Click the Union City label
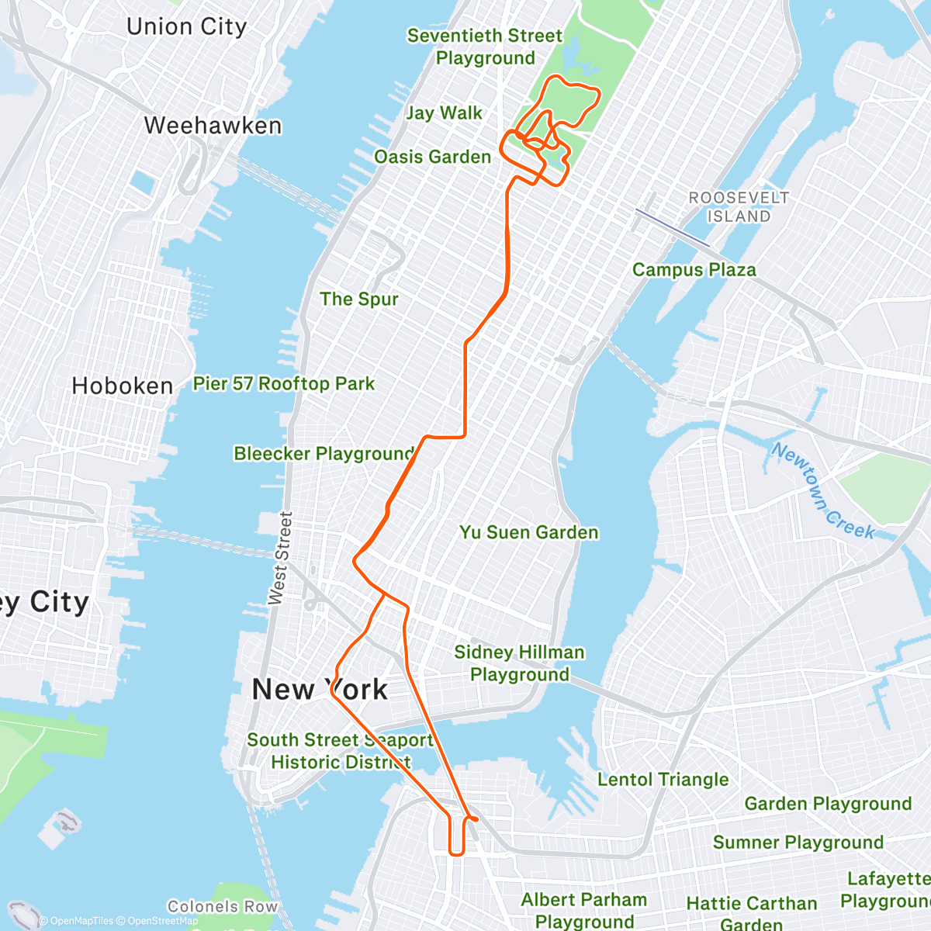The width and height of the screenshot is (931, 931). tap(186, 27)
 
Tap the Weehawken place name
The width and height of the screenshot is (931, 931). tap(213, 126)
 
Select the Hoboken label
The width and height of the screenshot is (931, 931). tap(122, 386)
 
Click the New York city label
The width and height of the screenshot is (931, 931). tap(320, 689)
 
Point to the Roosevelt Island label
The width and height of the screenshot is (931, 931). tap(739, 207)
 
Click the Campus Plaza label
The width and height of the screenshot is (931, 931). tap(694, 270)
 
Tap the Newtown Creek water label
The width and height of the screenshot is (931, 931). tap(823, 491)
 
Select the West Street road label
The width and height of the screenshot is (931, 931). tap(280, 558)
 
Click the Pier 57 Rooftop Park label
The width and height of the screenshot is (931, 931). tap(283, 383)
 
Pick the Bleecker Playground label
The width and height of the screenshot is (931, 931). tap(324, 453)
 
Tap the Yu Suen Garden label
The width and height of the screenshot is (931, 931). tap(529, 532)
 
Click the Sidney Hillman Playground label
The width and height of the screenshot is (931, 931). tap(519, 663)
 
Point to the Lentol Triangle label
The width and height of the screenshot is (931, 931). tap(663, 780)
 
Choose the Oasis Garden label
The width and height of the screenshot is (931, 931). tap(432, 157)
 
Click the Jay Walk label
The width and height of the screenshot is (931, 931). tap(444, 113)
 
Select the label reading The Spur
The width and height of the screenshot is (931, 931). tap(358, 299)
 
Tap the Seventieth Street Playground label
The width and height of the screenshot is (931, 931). tap(485, 47)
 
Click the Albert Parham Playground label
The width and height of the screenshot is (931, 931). tap(584, 910)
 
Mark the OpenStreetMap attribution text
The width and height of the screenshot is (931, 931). tap(162, 921)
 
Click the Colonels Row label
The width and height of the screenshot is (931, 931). tap(222, 906)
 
